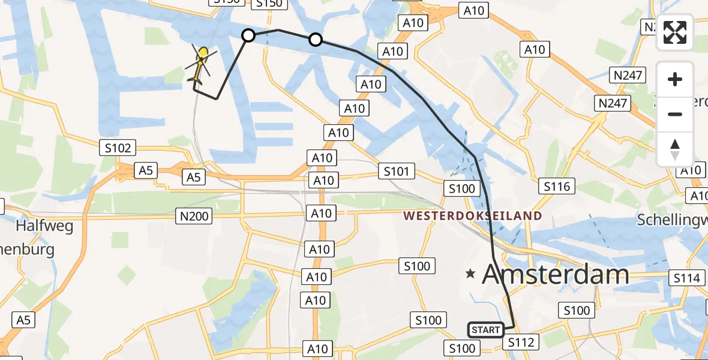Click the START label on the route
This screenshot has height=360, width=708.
pyautogui.click(x=486, y=329)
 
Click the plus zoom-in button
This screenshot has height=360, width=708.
pyautogui.click(x=675, y=79)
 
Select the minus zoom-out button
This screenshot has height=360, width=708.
pyautogui.click(x=675, y=114)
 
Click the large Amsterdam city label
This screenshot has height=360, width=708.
pyautogui.click(x=556, y=275)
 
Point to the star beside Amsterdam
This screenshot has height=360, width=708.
pyautogui.click(x=471, y=274)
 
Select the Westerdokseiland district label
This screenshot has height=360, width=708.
pyautogui.click(x=473, y=215)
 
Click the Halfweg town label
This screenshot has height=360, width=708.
pyautogui.click(x=44, y=226)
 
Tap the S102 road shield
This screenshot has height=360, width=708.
pyautogui.click(x=119, y=148)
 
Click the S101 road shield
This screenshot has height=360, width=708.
pyautogui.click(x=397, y=172)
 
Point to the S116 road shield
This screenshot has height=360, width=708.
pyautogui.click(x=556, y=187)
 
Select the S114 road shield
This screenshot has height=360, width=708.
pyautogui.click(x=686, y=278)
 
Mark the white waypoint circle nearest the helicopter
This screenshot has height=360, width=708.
pyautogui.click(x=248, y=36)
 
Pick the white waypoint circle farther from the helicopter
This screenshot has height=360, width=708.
pyautogui.click(x=316, y=40)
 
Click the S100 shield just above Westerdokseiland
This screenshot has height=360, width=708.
pyautogui.click(x=462, y=189)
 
